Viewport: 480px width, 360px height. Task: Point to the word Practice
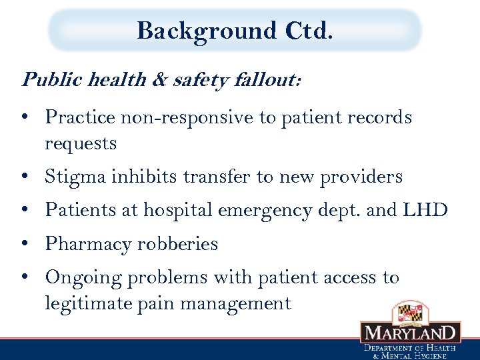point(80,118)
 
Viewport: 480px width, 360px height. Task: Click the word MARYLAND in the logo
point(410,332)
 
